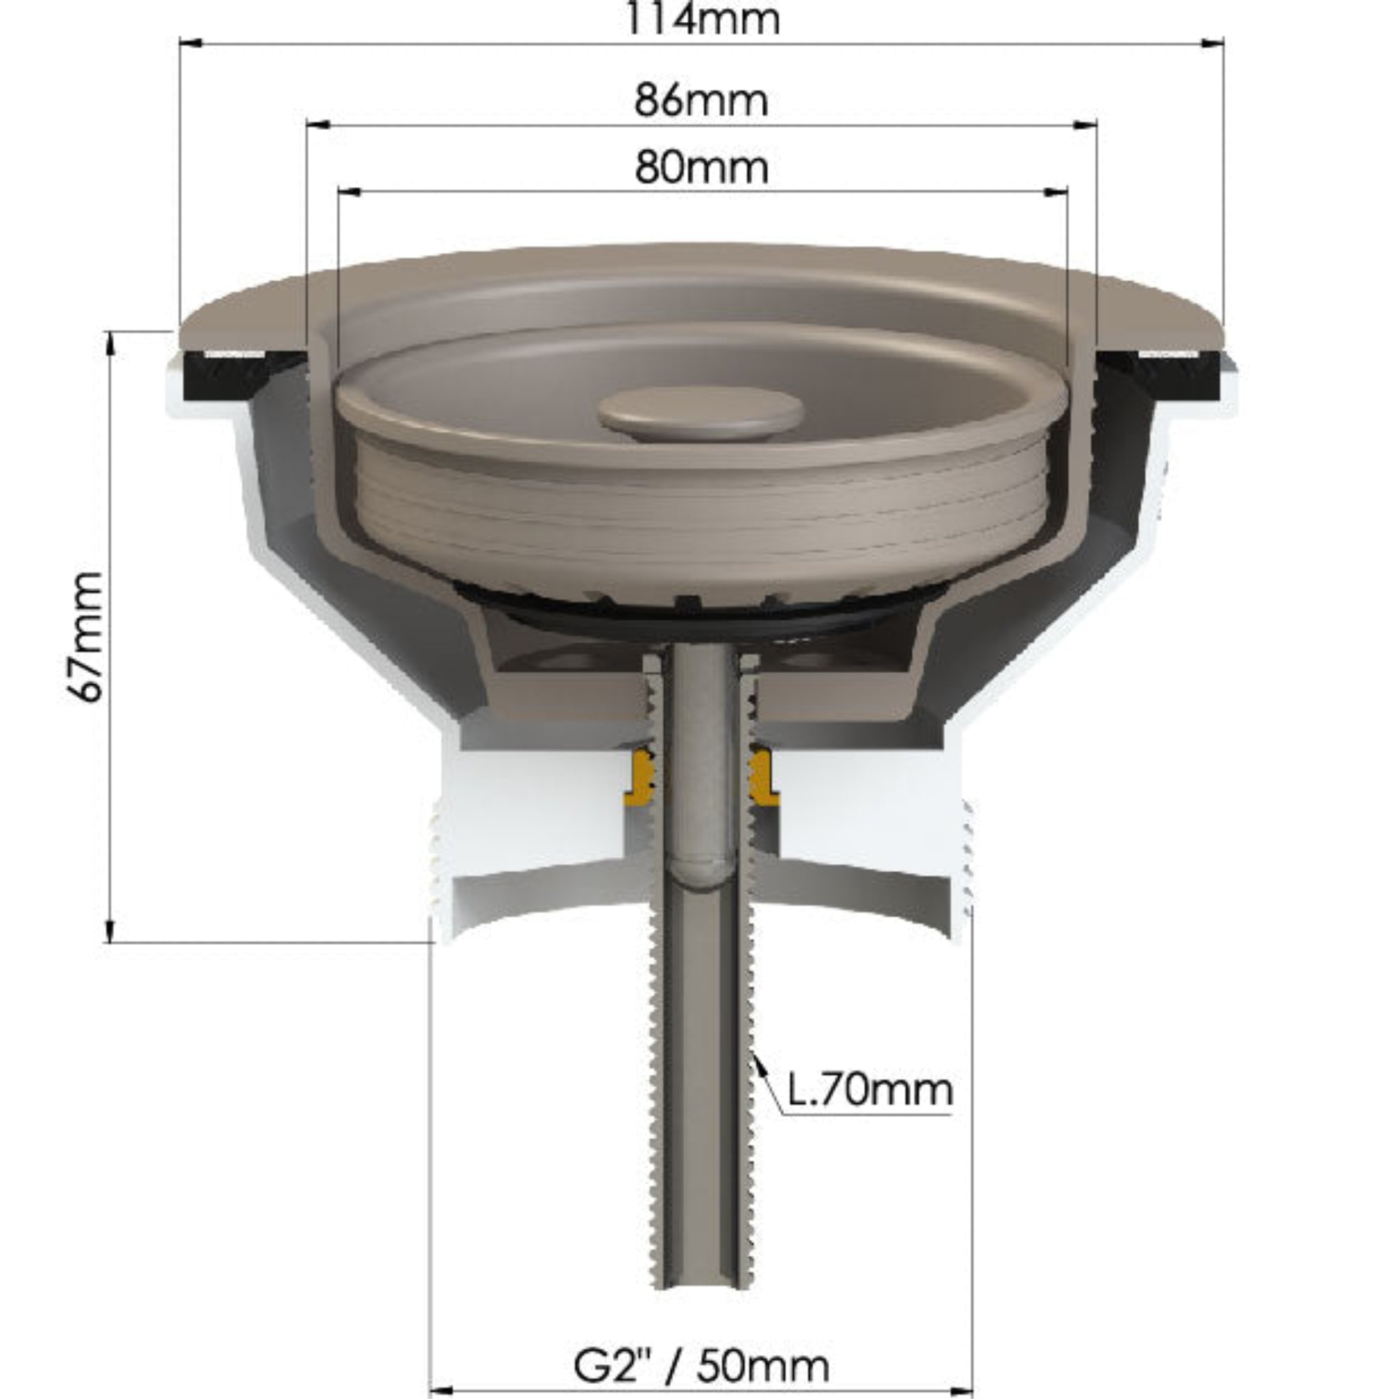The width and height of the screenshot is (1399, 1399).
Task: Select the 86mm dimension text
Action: [701, 100]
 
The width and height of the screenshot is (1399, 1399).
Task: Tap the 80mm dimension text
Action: [701, 168]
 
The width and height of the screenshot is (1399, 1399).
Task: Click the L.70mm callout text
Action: [869, 1090]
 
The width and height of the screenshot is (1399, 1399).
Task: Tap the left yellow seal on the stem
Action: [641, 779]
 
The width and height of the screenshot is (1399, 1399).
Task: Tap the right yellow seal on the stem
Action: [762, 779]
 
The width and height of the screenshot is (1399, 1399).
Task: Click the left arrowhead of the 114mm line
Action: [190, 44]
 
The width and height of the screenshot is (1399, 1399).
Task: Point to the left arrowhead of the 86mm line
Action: [318, 124]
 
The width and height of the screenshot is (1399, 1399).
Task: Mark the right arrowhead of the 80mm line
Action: [1057, 192]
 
